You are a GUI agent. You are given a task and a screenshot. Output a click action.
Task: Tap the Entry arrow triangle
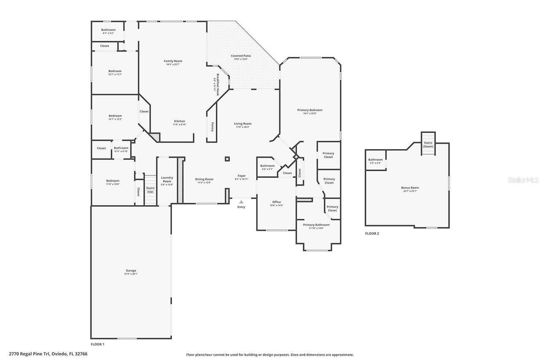point(241,202)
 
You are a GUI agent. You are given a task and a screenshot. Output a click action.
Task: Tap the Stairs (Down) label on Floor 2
point(428,145)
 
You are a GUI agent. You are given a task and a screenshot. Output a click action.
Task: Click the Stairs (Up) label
point(150,190)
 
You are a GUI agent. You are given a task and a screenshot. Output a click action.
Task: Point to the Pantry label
point(212,127)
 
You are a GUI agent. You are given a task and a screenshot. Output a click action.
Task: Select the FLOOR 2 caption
point(372,233)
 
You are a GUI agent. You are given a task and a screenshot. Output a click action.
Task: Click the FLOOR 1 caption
point(97,344)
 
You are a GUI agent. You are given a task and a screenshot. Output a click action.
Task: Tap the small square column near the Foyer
point(227,159)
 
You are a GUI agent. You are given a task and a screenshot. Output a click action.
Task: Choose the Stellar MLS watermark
point(524,180)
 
